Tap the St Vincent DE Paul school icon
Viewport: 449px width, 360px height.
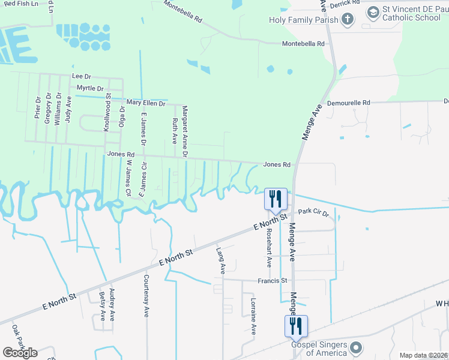pos(373,12)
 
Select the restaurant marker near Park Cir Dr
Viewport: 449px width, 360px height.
pos(276,199)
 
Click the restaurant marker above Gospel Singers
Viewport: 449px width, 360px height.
pos(296,326)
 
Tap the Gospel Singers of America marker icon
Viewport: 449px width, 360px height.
pos(357,348)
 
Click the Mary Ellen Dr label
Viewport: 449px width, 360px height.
pos(146,103)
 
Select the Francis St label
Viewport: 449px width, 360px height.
pos(273,280)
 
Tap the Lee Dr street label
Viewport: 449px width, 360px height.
pos(81,76)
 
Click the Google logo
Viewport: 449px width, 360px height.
pos(20,353)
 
